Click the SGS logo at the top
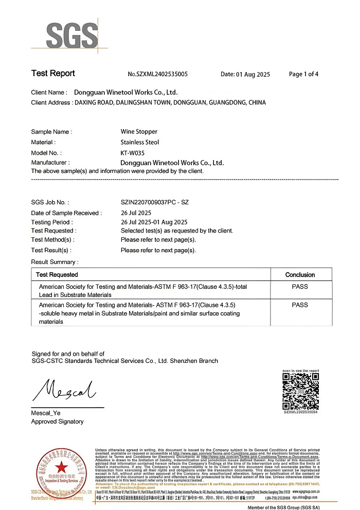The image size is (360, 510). coord(71,35)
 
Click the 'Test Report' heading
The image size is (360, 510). coord(53,74)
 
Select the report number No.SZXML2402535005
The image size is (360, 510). coord(157,75)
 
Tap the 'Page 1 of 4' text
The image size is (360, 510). coord(303,74)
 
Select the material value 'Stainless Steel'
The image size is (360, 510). coord(139,142)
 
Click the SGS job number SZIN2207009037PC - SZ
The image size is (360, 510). coord(154,202)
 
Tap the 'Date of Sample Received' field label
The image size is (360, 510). coord(66,213)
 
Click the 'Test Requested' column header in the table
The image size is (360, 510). coord(57,275)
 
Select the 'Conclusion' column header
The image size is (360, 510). coord(300,275)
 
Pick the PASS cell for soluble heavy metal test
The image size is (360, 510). coord(300,305)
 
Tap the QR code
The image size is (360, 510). coord(300,390)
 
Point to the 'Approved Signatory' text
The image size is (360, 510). coord(57,421)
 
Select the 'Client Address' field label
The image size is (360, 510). coord(51,103)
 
